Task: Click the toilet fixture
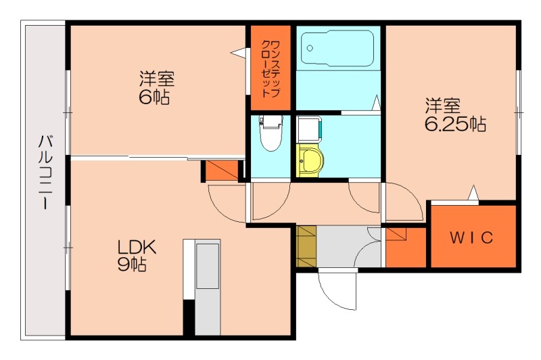coord(271,133)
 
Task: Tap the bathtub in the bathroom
coord(337,47)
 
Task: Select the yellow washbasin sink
coord(310,160)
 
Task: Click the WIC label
coord(471,238)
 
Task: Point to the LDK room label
coord(137,247)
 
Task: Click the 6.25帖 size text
coord(455,125)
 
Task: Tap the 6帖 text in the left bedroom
coord(154,97)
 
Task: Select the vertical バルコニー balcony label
coord(45,173)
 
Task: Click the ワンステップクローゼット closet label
coord(271,69)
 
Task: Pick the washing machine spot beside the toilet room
coord(310,129)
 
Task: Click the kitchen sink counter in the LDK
coord(207,287)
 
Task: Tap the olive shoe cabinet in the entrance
coord(306,246)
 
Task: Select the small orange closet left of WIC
coord(406,247)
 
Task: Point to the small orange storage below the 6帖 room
coord(222,170)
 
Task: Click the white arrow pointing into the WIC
coord(473,193)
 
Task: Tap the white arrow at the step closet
coord(239,53)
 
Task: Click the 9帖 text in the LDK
coord(132,265)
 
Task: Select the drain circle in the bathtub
coord(310,48)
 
